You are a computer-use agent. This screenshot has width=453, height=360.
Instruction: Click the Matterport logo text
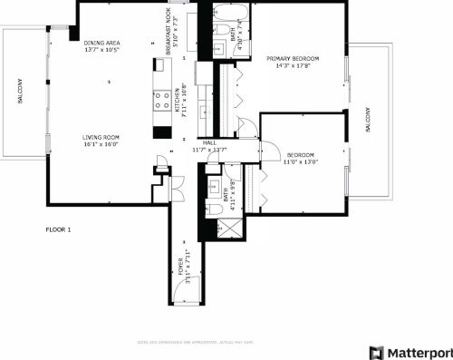pyautogui.click(x=417, y=352)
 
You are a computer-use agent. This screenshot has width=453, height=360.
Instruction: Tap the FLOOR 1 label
pyautogui.click(x=58, y=229)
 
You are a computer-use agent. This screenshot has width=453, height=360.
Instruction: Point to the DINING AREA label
pyautogui.click(x=101, y=43)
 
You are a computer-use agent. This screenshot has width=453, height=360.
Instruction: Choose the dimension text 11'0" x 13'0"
pyautogui.click(x=300, y=162)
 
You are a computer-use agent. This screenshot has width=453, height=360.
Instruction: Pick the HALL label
pyautogui.click(x=209, y=142)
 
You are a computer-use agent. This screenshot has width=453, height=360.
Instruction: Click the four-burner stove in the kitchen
pyautogui.click(x=162, y=101)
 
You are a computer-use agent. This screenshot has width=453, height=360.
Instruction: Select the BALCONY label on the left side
pyautogui.click(x=19, y=93)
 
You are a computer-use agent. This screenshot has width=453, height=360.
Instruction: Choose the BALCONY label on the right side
pyautogui.click(x=368, y=121)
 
